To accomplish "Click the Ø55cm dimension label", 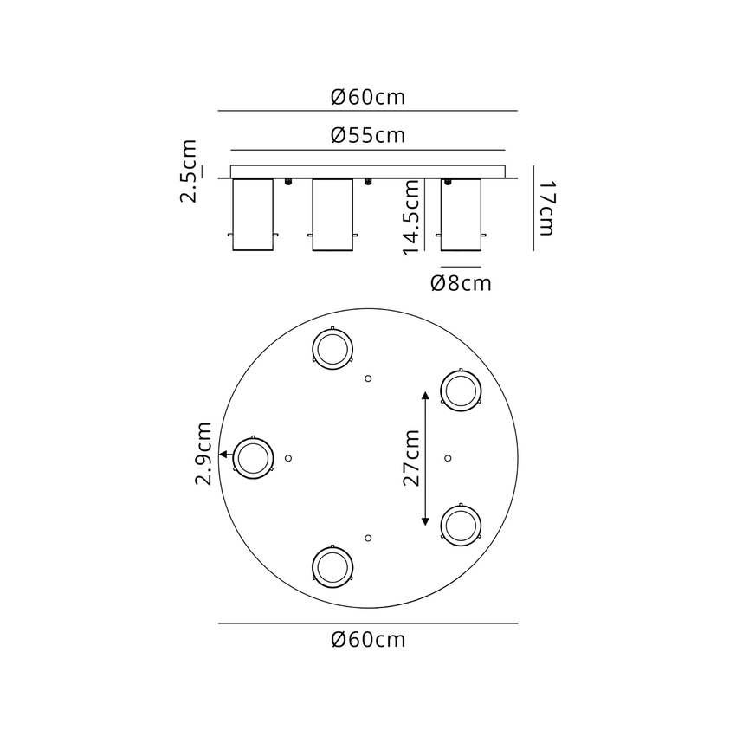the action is click(368, 135).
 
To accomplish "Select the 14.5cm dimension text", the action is click(411, 217).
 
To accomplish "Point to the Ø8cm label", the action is click(461, 283).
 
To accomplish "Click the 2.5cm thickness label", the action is click(188, 171).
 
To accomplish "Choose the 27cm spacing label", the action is click(411, 458).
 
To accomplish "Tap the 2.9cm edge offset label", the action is click(203, 454).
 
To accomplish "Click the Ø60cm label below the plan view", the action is click(368, 640).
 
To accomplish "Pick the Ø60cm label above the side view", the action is click(368, 97).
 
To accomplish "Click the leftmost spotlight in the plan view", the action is click(253, 458).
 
